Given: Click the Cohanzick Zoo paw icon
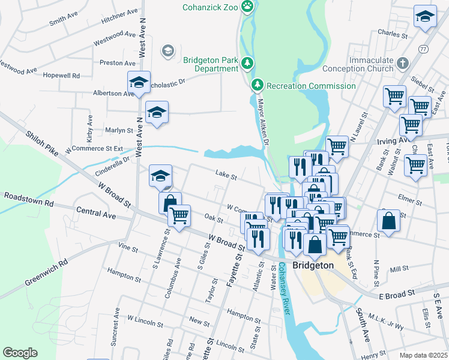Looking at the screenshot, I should pyautogui.click(x=247, y=7).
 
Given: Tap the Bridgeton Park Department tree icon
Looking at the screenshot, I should pyautogui.click(x=247, y=63).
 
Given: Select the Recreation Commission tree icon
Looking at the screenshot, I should pyautogui.click(x=258, y=85).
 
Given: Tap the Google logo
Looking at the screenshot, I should pyautogui.click(x=20, y=352).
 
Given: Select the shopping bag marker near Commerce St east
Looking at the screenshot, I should pyautogui.click(x=389, y=220).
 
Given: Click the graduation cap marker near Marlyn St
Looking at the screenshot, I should pyautogui.click(x=157, y=112).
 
